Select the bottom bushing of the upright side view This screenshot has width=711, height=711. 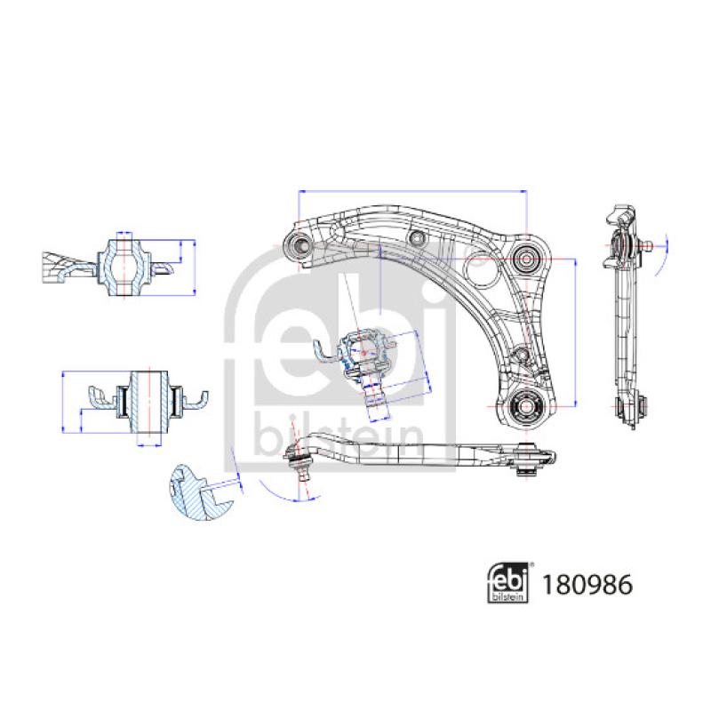pyautogui.click(x=628, y=409)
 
